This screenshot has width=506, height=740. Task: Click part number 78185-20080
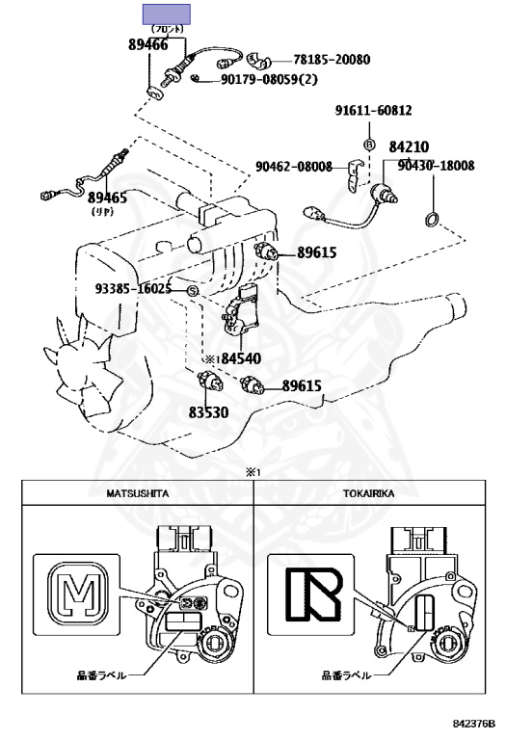332,60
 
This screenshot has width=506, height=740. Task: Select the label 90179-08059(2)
269,79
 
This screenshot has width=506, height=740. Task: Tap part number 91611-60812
373,110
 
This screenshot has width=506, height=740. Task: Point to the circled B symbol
369,144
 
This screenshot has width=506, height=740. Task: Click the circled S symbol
193,291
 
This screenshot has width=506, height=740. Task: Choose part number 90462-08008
294,167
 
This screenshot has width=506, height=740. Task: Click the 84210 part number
409,146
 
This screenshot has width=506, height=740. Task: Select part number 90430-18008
436,166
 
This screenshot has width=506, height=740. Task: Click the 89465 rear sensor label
107,198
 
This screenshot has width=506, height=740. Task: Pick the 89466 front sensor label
148,44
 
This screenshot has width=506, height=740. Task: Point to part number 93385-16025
133,288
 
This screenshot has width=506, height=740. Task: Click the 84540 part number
241,358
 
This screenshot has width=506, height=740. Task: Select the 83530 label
208,412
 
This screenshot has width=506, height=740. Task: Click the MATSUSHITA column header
138,493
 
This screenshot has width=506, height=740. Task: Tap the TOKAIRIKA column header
368,493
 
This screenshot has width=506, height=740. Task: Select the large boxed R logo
314,595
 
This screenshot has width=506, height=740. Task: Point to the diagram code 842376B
473,724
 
